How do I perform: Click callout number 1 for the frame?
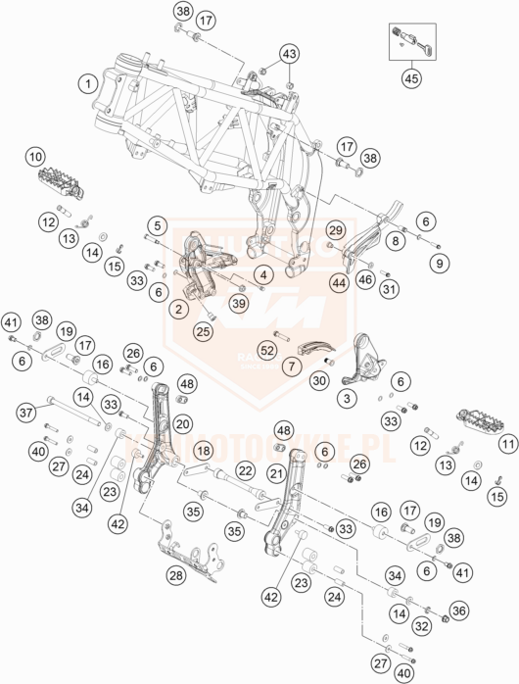[89, 83]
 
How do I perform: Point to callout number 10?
[35, 156]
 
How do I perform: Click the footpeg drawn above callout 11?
[474, 421]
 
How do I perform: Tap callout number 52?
[266, 350]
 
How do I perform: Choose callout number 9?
[440, 262]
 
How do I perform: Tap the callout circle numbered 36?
[460, 611]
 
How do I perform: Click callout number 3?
[347, 398]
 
